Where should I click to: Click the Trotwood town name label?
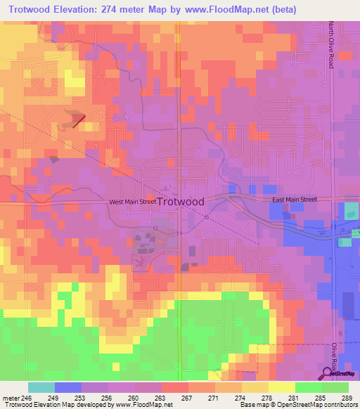tap(181, 202)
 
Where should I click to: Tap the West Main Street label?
tap(132, 202)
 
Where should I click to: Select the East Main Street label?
tap(295, 200)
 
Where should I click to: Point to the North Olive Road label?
tap(330, 44)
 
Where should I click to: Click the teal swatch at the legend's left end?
tap(41, 387)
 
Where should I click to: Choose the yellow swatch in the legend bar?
tap(281, 387)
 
